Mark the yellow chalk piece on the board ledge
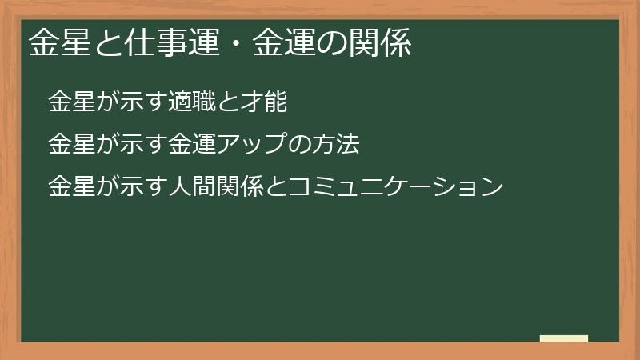(x=564, y=338)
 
